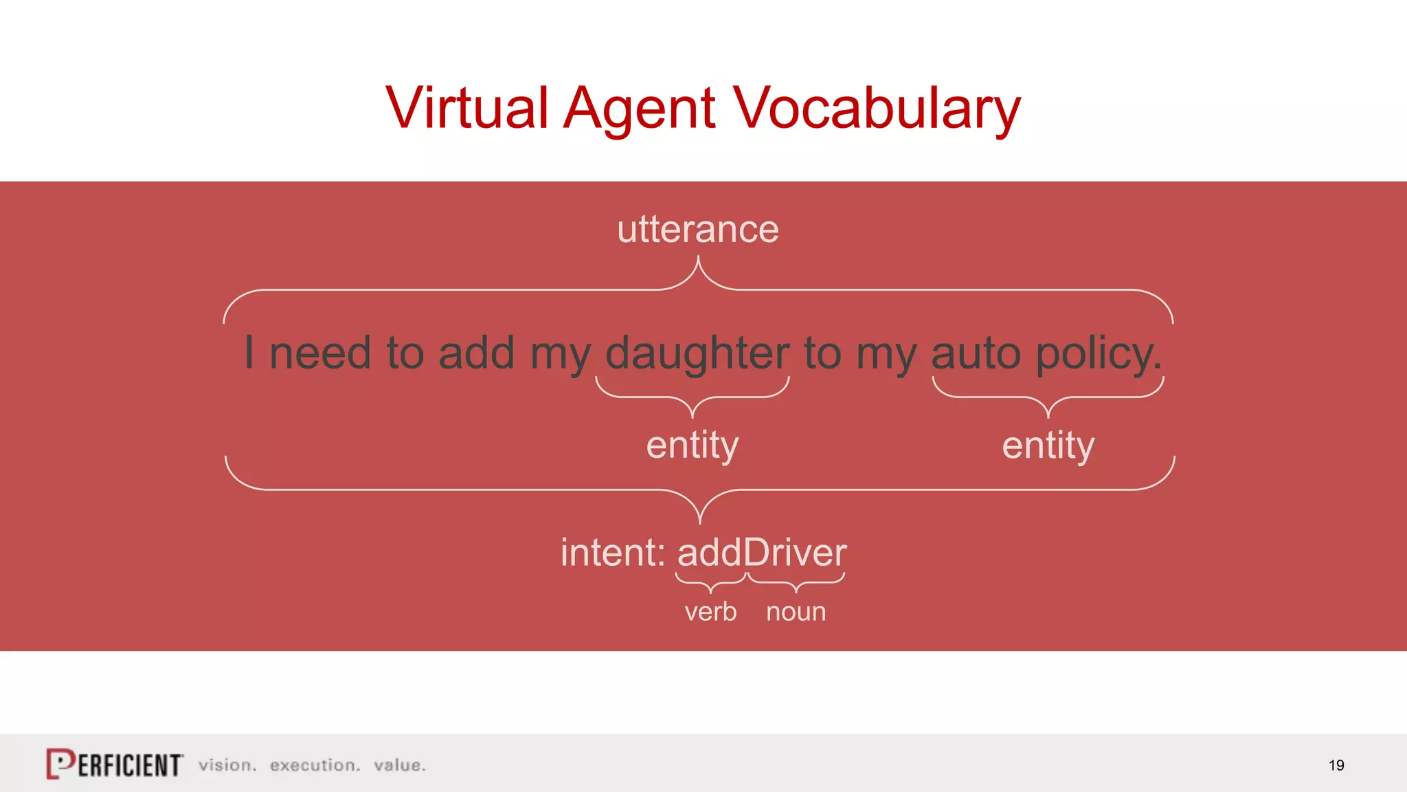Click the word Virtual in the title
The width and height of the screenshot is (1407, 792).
click(466, 107)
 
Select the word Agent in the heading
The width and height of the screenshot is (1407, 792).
click(639, 109)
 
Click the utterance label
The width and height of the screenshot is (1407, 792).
click(697, 229)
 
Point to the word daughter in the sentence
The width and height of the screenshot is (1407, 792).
click(697, 353)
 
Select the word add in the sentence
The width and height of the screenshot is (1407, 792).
click(476, 353)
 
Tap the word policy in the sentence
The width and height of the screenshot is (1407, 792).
click(1097, 353)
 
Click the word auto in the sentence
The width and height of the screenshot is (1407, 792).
click(976, 353)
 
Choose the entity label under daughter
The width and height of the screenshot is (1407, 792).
click(692, 445)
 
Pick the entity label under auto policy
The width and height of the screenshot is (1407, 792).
click(1048, 445)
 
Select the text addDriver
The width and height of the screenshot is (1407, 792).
click(762, 552)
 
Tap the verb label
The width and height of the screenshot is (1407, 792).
click(710, 611)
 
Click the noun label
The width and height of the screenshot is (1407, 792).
click(796, 611)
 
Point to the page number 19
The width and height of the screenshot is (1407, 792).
click(1336, 765)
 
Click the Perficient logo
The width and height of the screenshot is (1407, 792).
click(115, 764)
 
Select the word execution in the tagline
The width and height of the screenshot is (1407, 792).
click(314, 765)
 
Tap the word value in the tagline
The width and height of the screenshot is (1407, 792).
click(399, 765)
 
